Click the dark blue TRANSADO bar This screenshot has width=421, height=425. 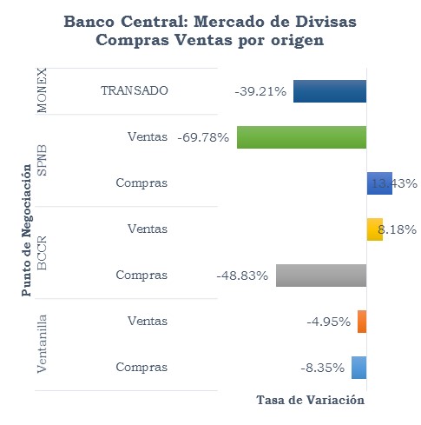(330, 91)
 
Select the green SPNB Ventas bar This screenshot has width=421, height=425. (301, 137)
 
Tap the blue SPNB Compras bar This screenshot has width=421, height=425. (378, 183)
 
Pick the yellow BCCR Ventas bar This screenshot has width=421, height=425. (374, 229)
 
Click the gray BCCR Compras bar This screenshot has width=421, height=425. (320, 276)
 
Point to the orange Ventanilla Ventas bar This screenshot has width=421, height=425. (362, 322)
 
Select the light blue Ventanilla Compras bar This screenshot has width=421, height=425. (359, 368)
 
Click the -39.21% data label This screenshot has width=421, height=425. (260, 91)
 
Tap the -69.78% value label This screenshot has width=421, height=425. (203, 137)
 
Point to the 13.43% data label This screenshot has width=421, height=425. (395, 183)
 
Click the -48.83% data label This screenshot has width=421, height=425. (242, 276)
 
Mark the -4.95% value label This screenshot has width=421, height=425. (329, 322)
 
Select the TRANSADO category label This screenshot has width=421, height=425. (134, 91)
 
